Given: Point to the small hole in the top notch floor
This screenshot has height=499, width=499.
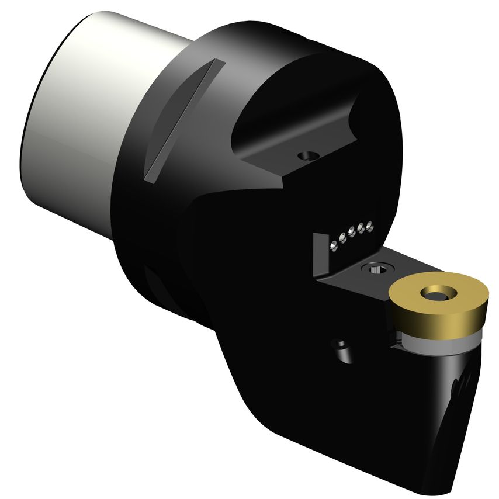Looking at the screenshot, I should click(306, 155).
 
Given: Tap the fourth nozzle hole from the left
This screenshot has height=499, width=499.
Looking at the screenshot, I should click(361, 228).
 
